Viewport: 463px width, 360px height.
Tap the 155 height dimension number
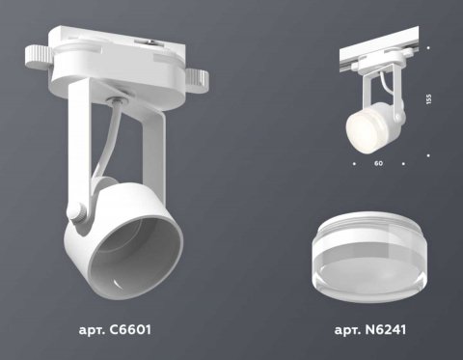(429, 98)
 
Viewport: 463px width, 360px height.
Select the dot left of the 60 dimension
(353, 165)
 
